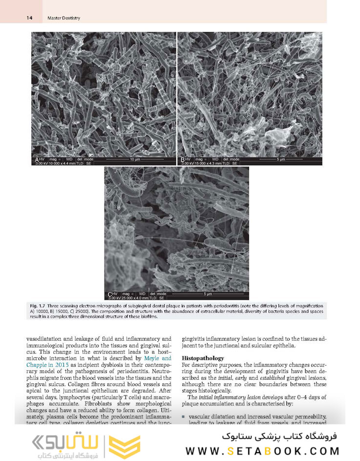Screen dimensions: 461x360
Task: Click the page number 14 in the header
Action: click(x=29, y=18)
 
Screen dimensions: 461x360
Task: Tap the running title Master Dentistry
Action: click(x=64, y=18)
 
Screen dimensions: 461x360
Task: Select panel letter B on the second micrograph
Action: click(x=182, y=160)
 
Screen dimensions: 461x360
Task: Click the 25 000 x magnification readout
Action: click(x=126, y=298)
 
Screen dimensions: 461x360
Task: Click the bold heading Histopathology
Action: click(x=203, y=358)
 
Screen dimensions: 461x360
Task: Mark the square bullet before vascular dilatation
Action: click(x=183, y=416)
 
